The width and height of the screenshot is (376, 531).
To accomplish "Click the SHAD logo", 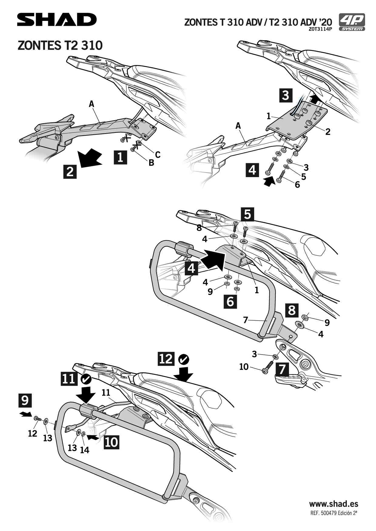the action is [x=57, y=20].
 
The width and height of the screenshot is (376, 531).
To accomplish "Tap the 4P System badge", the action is [x=352, y=22].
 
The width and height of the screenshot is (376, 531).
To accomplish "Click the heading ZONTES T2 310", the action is [x=60, y=45].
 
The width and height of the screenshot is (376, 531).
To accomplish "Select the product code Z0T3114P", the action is [x=321, y=29].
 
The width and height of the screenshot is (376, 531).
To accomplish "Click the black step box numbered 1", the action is [x=120, y=157].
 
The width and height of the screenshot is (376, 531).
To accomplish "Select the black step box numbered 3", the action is [x=285, y=95].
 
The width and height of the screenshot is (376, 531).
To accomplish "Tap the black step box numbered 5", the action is [x=247, y=214].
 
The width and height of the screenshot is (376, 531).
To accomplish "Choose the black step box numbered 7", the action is [x=282, y=369].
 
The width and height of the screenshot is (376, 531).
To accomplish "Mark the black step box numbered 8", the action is [x=291, y=310].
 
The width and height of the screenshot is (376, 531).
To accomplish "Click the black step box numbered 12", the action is [x=166, y=359].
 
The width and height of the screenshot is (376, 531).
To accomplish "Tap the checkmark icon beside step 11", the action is [x=86, y=379].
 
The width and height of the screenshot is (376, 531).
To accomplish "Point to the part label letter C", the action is [x=158, y=155].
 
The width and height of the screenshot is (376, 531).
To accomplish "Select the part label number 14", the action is [x=85, y=450].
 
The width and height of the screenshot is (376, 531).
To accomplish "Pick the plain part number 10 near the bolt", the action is [x=244, y=367].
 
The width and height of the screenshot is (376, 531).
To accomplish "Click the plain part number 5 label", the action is [x=304, y=176].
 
